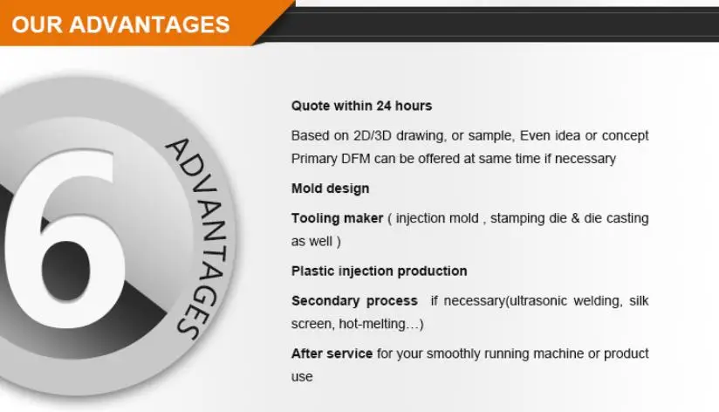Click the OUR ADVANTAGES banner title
[120, 24]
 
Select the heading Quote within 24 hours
[361, 106]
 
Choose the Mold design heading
[330, 189]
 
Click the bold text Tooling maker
[337, 218]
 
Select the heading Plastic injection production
[380, 271]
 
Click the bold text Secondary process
[354, 301]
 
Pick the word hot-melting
[373, 324]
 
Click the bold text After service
[332, 354]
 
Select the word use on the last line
[302, 377]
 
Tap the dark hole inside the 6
[65, 271]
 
